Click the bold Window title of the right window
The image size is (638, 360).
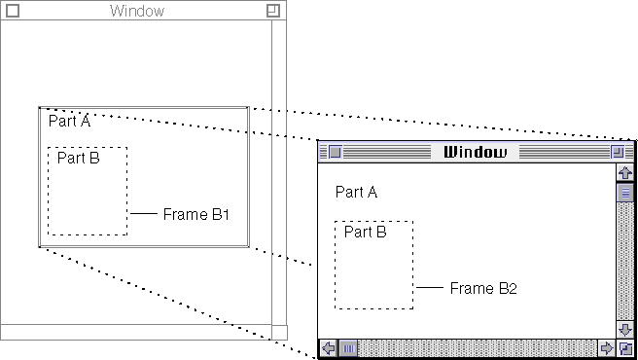tap(476, 152)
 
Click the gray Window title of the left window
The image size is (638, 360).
tap(137, 11)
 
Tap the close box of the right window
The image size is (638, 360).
tap(335, 153)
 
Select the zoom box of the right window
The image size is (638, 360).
tap(618, 153)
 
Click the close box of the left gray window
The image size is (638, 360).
tap(13, 11)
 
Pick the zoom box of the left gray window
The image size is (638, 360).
tap(273, 11)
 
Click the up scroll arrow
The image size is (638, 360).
tap(625, 172)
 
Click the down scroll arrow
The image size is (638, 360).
tap(625, 329)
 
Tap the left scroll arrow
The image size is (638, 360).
tap(328, 348)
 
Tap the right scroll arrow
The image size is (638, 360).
tap(607, 348)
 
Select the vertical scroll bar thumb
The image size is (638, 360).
tap(625, 193)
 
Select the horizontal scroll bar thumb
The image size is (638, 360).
tap(348, 348)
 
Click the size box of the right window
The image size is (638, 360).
tap(625, 348)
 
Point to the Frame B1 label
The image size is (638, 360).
tap(196, 214)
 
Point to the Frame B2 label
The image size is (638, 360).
tap(483, 288)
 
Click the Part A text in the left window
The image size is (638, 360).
tap(69, 121)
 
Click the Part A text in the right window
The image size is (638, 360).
tap(356, 192)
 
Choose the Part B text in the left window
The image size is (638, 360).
tap(79, 158)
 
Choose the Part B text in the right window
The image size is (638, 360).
tap(366, 232)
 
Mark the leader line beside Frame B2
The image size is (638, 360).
tap(430, 287)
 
